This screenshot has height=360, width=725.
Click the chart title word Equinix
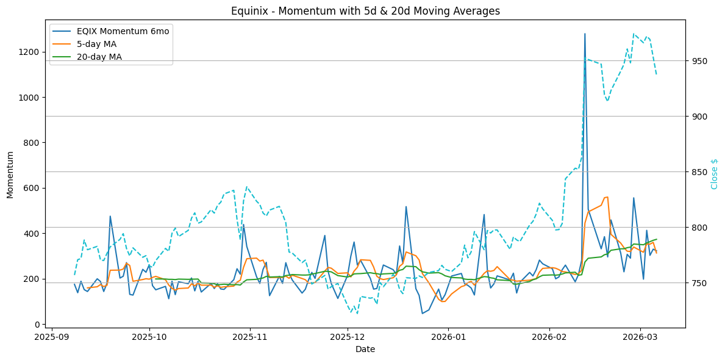249,11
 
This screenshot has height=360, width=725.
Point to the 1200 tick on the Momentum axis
31,52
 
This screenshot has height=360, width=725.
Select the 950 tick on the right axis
699,61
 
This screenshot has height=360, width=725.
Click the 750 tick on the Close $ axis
699,283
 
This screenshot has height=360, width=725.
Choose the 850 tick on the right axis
699,172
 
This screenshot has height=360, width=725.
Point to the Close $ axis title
714,174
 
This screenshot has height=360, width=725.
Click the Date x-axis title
365,349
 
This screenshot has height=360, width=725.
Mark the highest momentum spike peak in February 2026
585,34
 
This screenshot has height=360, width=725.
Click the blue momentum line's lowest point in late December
422,314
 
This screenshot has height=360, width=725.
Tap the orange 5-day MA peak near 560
607,197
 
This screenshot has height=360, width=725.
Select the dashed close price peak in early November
246,187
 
